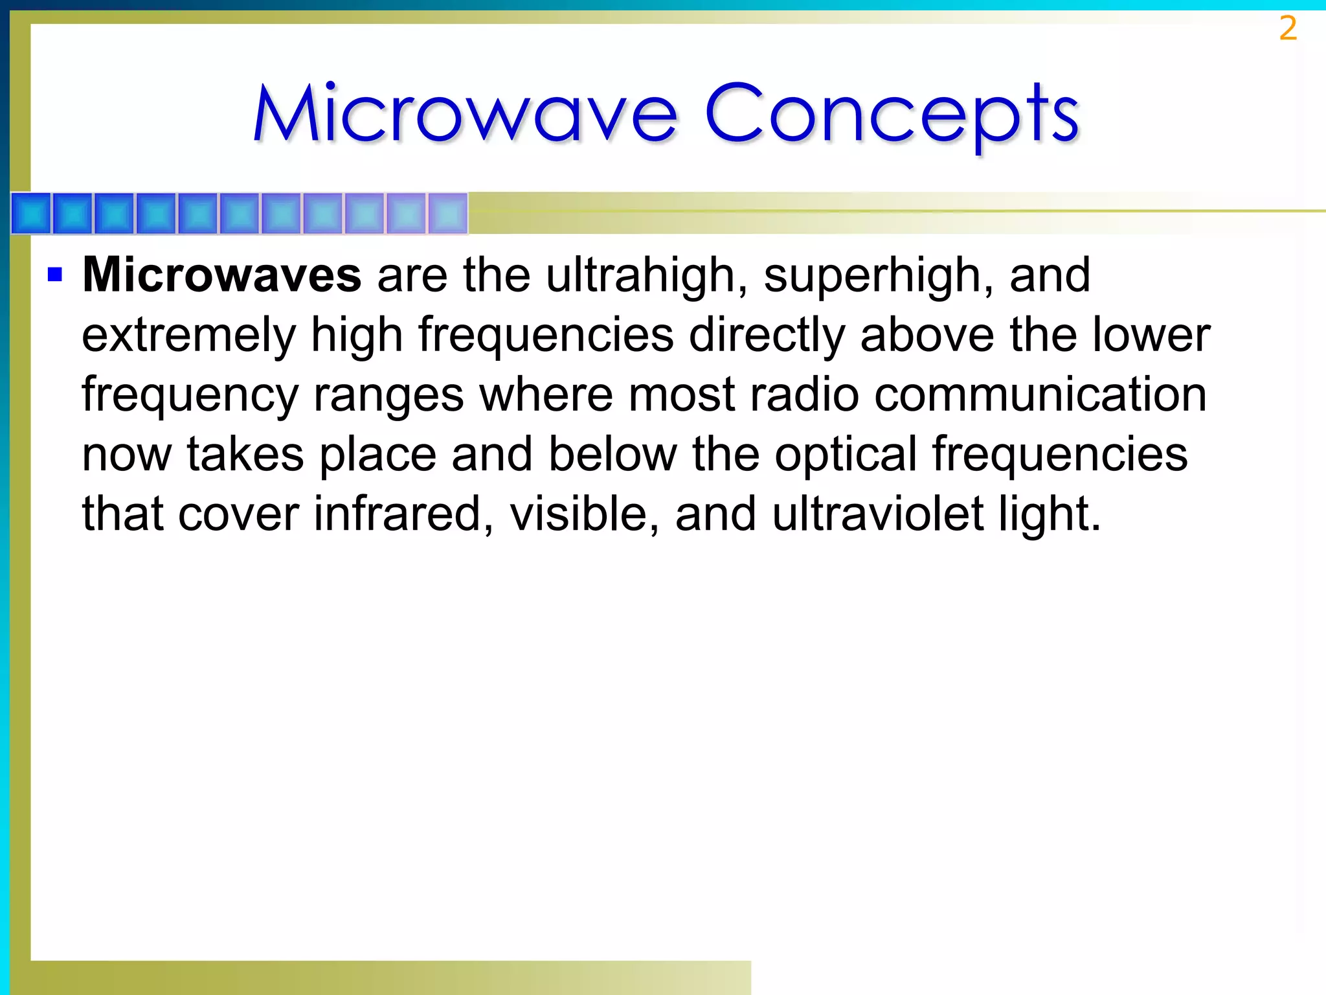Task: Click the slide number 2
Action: (x=1288, y=29)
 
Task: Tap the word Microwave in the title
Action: (x=465, y=114)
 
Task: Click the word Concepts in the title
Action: (x=891, y=114)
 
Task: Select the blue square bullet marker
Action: (x=55, y=275)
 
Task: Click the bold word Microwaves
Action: (x=221, y=275)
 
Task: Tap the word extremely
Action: (x=188, y=336)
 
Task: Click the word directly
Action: (x=767, y=335)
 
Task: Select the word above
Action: (x=927, y=335)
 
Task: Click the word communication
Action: (x=1040, y=395)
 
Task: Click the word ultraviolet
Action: (x=877, y=514)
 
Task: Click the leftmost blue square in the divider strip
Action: (x=31, y=213)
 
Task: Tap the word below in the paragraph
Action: (x=612, y=454)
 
